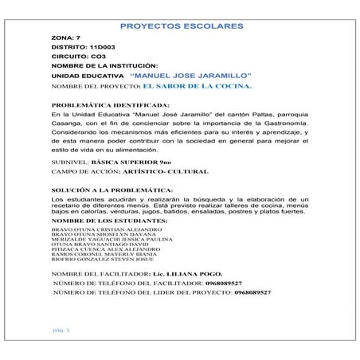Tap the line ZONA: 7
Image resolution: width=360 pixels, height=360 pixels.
pyautogui.click(x=65, y=38)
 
